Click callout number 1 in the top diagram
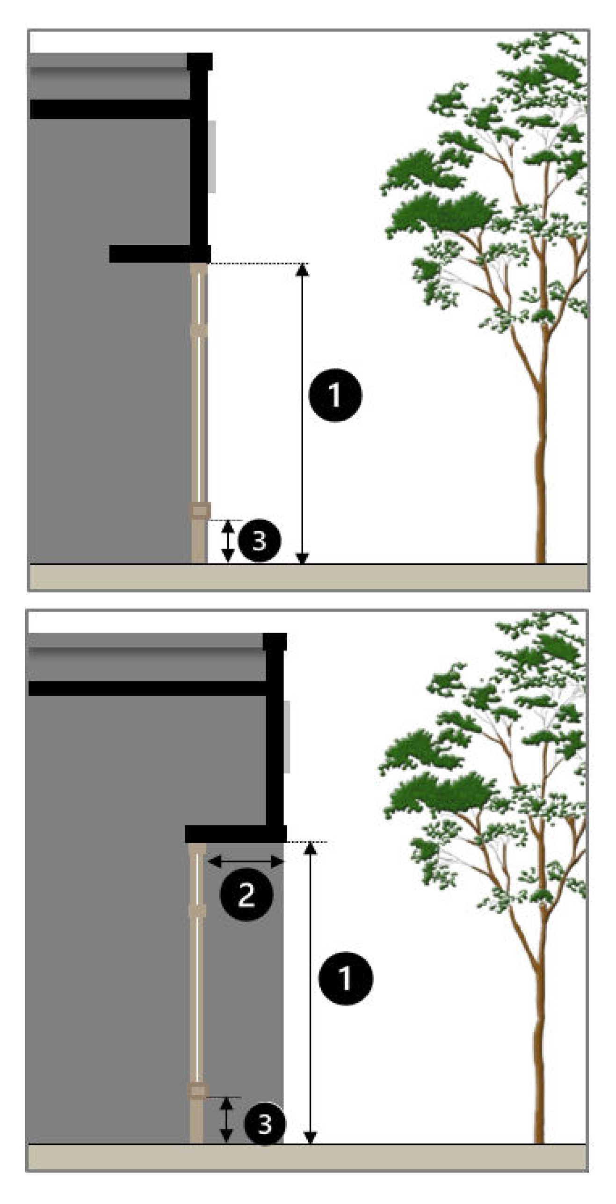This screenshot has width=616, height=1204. (335, 396)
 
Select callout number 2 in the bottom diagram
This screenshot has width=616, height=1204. (246, 894)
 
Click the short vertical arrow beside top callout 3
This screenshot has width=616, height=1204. (228, 541)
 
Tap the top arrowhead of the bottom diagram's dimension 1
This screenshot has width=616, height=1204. (311, 849)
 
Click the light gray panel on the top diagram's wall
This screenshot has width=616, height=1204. (211, 156)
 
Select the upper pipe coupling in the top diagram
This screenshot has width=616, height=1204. (199, 330)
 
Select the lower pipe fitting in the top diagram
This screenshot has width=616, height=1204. (199, 511)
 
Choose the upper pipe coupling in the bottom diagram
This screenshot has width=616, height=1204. (197, 911)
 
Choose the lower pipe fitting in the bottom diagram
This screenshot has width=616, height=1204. (197, 1091)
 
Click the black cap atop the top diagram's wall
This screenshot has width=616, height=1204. (200, 61)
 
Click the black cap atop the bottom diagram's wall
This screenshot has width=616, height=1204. (275, 642)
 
